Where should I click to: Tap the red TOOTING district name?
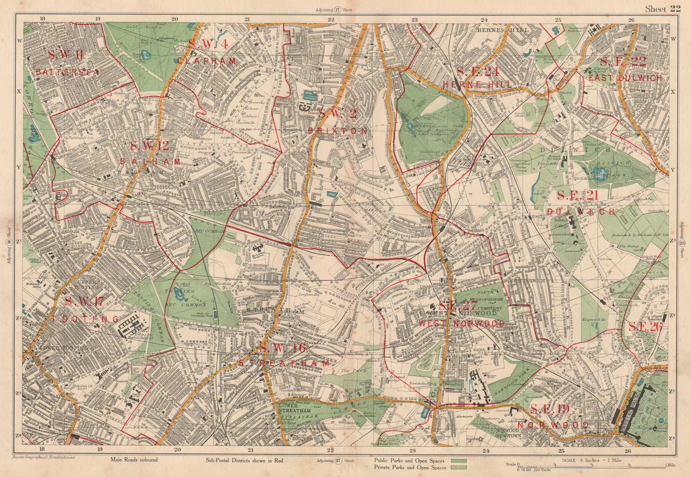[85, 319]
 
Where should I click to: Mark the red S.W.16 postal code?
[283, 348]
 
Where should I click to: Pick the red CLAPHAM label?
[207, 61]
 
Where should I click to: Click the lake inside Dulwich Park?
[600, 173]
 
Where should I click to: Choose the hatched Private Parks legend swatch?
[461, 468]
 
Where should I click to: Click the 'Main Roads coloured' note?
[134, 460]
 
